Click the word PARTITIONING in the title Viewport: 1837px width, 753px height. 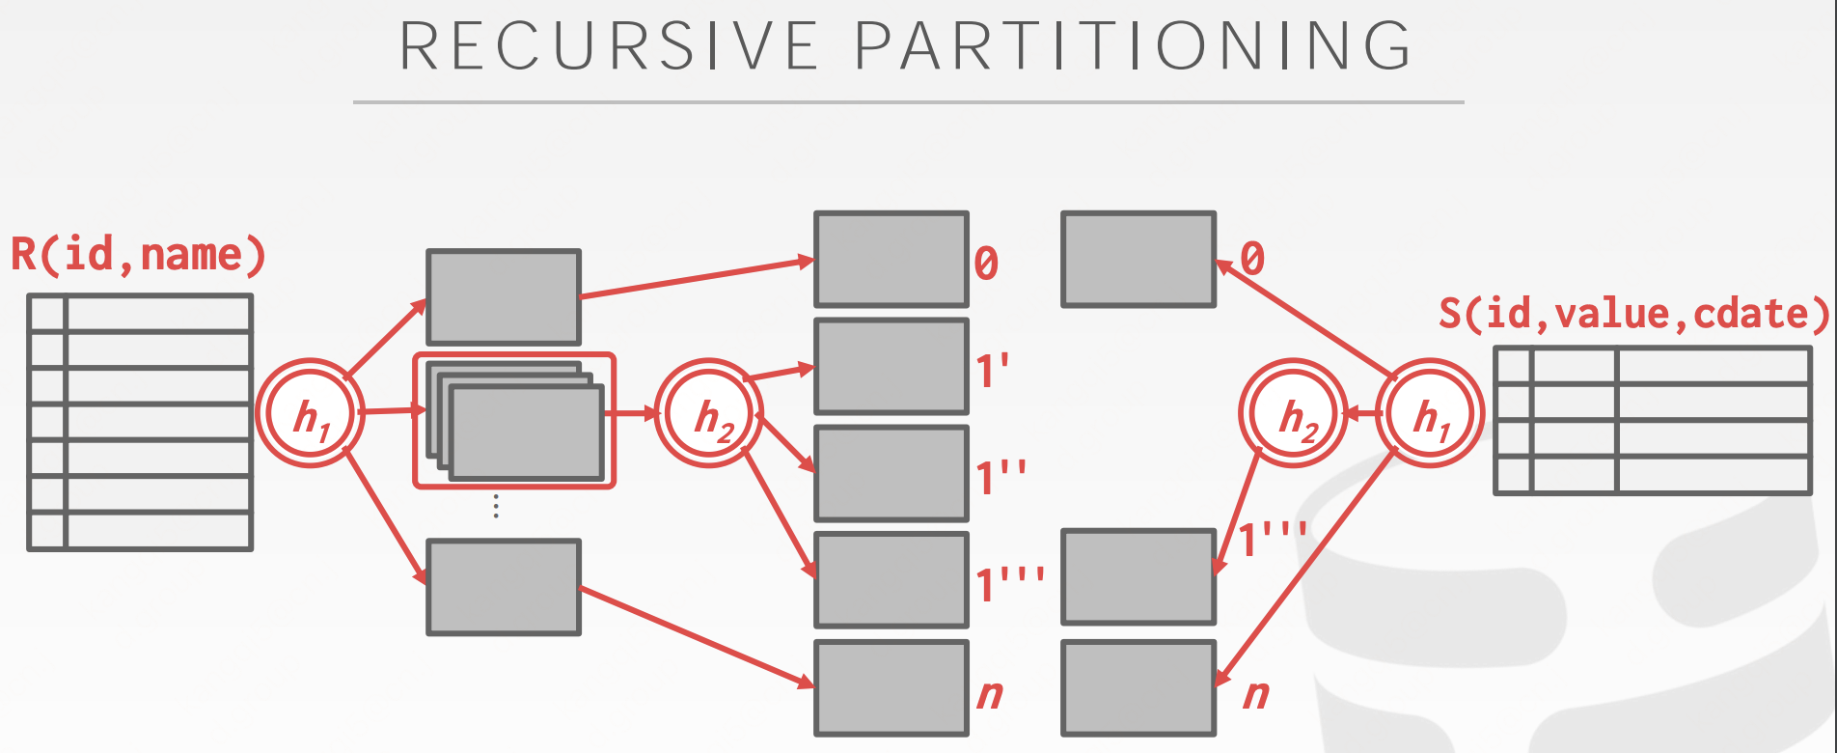coord(1133,45)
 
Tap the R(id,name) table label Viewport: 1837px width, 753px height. coord(138,255)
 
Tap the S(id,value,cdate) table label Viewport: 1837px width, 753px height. coord(1632,314)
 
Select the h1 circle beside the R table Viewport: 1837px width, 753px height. coord(310,414)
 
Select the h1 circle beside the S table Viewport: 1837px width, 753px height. coord(1429,414)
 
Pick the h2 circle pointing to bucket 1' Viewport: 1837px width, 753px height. coord(709,414)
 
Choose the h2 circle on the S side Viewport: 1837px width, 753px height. coord(1293,414)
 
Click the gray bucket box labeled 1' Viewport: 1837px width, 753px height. coord(891,367)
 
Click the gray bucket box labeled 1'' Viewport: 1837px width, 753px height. coord(891,474)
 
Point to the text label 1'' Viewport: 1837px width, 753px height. coord(1001,478)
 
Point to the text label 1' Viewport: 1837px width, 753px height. coord(993,371)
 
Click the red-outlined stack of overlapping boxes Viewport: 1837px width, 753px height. coord(515,421)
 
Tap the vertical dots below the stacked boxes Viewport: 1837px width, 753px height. coord(496,507)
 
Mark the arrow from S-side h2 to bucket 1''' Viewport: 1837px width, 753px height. coord(1238,512)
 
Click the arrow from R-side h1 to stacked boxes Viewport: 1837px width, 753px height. coord(392,411)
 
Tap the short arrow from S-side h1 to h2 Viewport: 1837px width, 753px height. coord(1361,414)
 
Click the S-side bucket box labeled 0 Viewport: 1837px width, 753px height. coord(1138,260)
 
